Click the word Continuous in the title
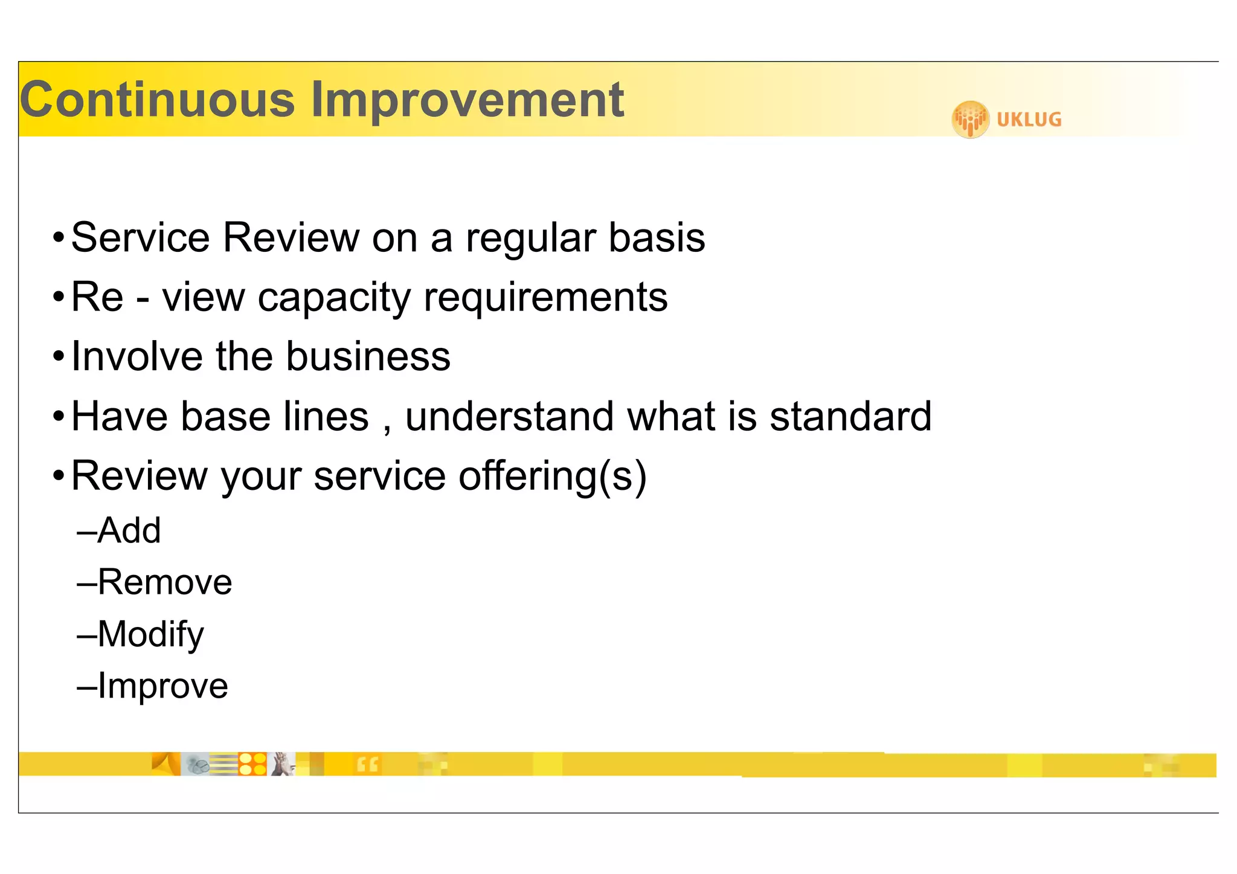[158, 100]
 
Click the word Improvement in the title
[467, 100]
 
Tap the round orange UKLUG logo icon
[970, 119]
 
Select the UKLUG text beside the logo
[1029, 120]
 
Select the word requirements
[545, 298]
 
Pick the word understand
[509, 416]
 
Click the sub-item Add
[129, 530]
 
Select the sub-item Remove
[164, 582]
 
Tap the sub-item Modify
[150, 635]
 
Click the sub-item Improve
[162, 686]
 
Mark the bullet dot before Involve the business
[58, 356]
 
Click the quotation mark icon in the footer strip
[367, 765]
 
